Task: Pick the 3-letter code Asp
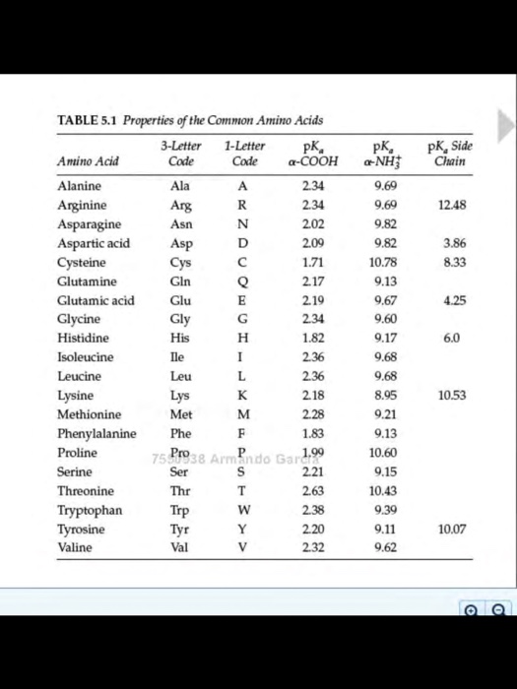pos(181,242)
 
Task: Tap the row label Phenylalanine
pos(97,433)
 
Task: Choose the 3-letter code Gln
pos(180,281)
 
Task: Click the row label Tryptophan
pos(90,510)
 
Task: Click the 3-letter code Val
pos(180,547)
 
